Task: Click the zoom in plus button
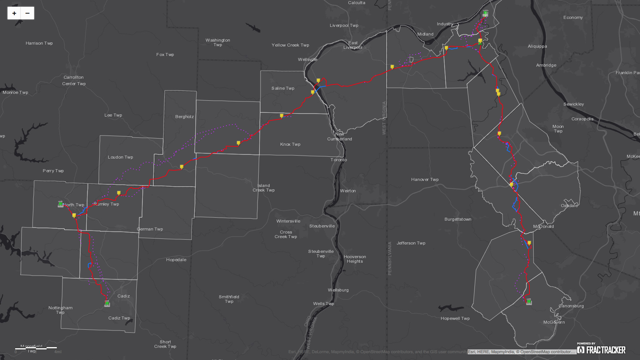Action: click(x=14, y=13)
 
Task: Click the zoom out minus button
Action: click(x=27, y=13)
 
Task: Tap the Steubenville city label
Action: click(x=322, y=226)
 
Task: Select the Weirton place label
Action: click(x=348, y=191)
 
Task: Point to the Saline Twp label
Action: click(x=283, y=88)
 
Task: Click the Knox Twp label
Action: click(x=290, y=144)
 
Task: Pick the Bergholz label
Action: click(x=184, y=117)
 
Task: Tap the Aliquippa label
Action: click(x=537, y=46)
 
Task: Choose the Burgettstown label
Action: click(x=458, y=219)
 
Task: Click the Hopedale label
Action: click(x=176, y=260)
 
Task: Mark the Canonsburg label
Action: click(x=571, y=306)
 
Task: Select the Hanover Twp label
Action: click(x=425, y=179)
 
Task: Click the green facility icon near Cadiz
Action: click(x=107, y=304)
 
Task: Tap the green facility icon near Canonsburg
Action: click(x=529, y=302)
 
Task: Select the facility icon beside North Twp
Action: click(x=61, y=204)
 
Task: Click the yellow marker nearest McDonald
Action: click(x=529, y=243)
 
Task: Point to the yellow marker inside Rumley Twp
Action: click(x=119, y=193)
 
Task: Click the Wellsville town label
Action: click(x=308, y=59)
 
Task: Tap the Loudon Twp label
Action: click(x=120, y=157)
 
